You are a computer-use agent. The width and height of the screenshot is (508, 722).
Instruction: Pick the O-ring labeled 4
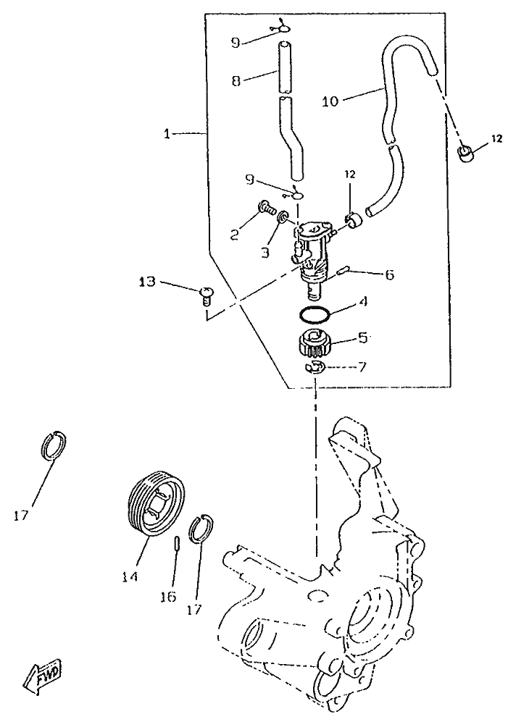pos(316,314)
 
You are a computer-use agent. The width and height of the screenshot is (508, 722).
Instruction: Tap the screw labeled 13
pos(207,294)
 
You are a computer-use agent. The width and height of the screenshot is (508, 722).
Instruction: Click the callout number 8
pos(236,82)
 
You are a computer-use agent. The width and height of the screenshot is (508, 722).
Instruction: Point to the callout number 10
pos(330,102)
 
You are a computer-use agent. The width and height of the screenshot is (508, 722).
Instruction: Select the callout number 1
pos(167,134)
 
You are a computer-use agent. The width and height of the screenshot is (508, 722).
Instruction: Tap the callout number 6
pos(389,274)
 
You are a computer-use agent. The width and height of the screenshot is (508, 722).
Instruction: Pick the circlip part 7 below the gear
pos(314,368)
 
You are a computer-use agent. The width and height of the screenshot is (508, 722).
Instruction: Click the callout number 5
pos(363,337)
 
